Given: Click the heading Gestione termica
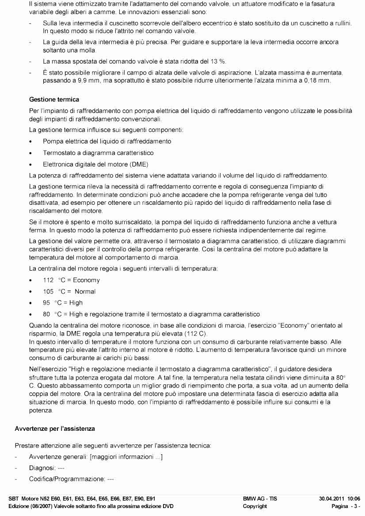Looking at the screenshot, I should [x=54, y=100].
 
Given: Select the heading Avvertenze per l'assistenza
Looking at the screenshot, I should [x=55, y=429].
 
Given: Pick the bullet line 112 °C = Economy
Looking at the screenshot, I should [x=71, y=280].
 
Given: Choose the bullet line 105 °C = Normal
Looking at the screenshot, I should [x=69, y=292].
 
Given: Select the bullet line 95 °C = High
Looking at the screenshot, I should [x=62, y=303].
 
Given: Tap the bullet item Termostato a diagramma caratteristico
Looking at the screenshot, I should [x=98, y=153].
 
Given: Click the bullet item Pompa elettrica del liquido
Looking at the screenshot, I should [x=106, y=141].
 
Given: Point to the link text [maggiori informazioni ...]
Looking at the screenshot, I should [x=126, y=457].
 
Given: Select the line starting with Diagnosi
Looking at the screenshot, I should [x=47, y=468].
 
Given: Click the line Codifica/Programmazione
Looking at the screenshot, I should [x=72, y=479].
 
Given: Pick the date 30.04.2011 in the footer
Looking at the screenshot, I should [x=332, y=498].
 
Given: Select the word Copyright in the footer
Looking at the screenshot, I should [x=255, y=506].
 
